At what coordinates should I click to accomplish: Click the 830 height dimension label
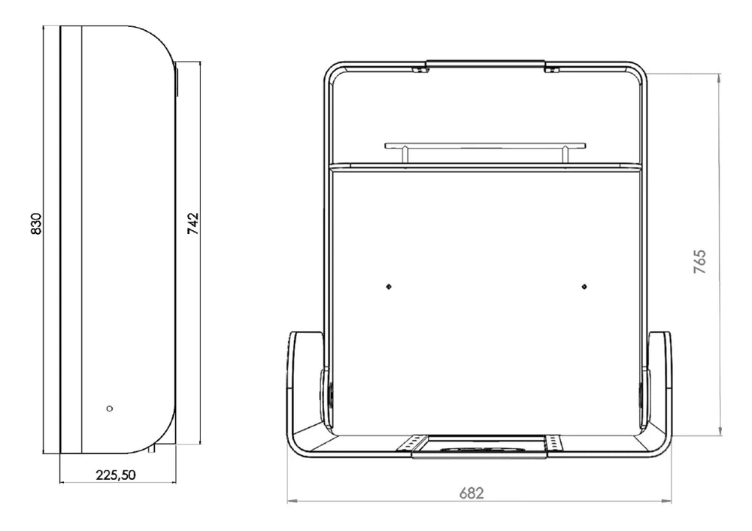[36, 223]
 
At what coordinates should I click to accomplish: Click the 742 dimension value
[193, 223]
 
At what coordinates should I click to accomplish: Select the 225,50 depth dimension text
[116, 475]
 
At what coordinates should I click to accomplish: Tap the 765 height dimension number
[700, 262]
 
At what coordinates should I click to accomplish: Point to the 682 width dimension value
[472, 493]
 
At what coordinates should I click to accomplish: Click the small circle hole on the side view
[109, 408]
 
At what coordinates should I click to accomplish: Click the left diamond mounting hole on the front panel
[389, 287]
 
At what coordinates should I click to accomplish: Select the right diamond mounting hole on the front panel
[584, 287]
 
